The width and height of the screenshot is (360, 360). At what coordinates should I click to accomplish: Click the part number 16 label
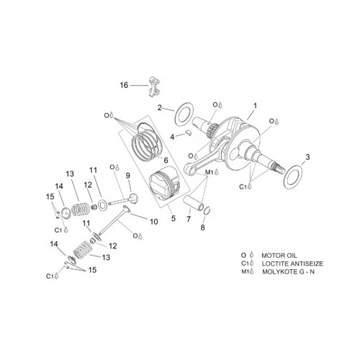pos(124,85)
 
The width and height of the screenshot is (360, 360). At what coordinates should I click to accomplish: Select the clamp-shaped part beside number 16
pos(154,86)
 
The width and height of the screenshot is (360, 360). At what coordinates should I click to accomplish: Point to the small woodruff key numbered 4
pos(189,133)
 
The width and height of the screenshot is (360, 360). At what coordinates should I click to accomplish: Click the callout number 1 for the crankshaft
pos(256,106)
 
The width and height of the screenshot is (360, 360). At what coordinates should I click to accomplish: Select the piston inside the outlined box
pos(164,182)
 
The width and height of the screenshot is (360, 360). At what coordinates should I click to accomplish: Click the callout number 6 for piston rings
pos(166,161)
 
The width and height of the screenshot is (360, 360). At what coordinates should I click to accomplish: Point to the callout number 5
pos(174,218)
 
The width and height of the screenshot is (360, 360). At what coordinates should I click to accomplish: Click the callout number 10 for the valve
pos(154,222)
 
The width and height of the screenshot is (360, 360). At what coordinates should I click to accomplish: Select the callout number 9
pos(128,176)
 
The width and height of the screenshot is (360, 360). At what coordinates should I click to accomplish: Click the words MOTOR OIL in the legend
pos(279,256)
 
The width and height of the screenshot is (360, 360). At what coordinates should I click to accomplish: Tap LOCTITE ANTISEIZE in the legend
pos(292,264)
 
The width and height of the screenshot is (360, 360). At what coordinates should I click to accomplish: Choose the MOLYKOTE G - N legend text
pos(288,271)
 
